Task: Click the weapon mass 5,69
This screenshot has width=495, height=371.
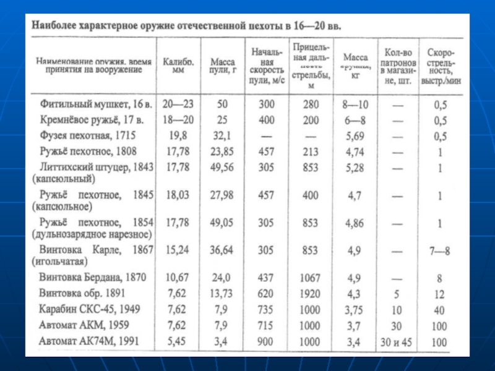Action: point(355,135)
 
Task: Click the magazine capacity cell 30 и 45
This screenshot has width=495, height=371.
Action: point(396,341)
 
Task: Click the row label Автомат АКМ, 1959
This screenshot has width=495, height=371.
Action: point(85,325)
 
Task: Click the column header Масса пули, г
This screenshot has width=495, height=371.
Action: point(222,67)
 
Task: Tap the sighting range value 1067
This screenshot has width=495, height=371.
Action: point(311,277)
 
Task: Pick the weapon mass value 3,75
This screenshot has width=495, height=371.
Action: point(355,309)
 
